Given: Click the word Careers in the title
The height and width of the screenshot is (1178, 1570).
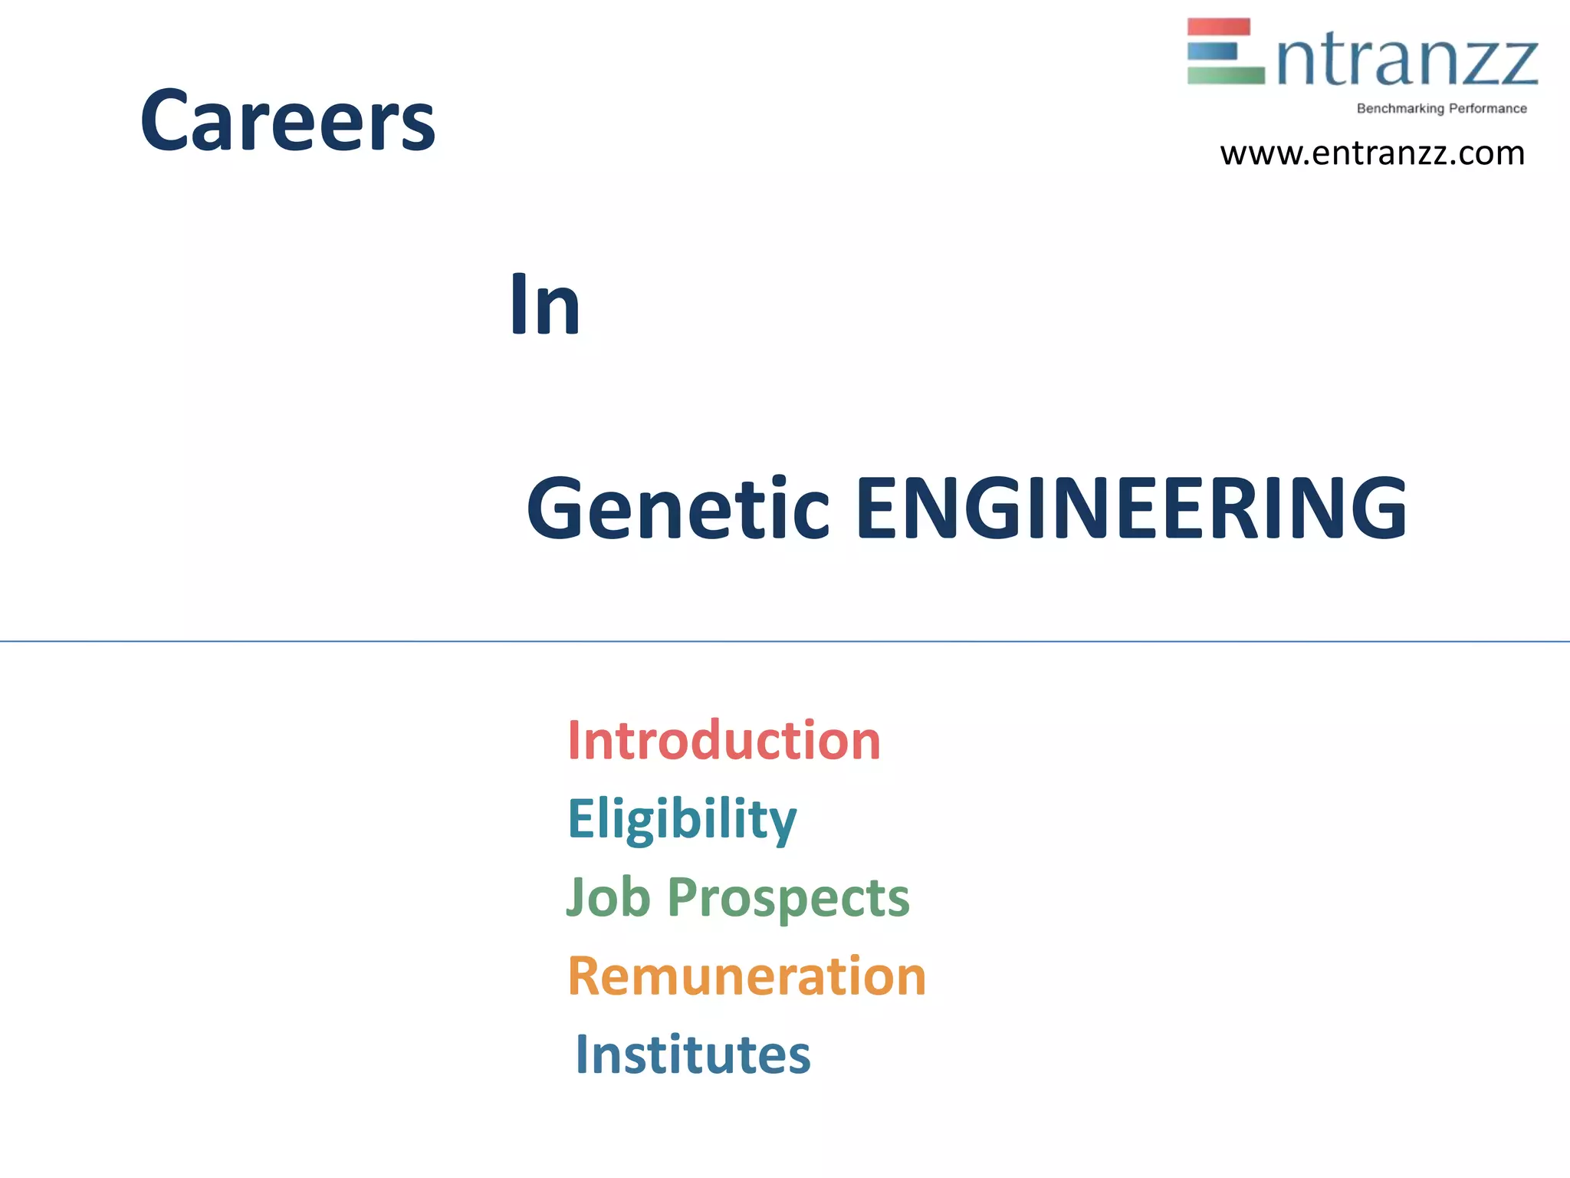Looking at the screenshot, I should (287, 120).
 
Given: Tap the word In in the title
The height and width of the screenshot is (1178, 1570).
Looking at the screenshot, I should (545, 305).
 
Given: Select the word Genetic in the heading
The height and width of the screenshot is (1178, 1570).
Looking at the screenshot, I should (678, 508).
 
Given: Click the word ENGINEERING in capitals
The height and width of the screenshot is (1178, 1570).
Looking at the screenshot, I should (1131, 508).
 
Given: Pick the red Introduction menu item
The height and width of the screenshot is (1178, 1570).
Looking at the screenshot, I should (724, 741).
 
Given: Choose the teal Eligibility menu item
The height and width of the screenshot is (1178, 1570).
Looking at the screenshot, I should (682, 819).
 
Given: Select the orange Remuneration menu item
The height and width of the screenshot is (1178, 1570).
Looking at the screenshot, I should (747, 976).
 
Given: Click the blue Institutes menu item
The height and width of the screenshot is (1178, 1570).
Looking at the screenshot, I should (692, 1055).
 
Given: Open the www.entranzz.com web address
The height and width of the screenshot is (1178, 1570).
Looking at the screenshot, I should (1371, 153).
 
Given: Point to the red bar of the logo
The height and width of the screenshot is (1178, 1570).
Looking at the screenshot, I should (1218, 27).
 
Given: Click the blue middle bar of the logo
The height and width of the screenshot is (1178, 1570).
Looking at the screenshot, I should (1212, 51).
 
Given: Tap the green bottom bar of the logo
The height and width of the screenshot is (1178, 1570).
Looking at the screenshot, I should (1225, 75).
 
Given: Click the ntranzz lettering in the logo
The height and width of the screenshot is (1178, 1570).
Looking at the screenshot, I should (1407, 61).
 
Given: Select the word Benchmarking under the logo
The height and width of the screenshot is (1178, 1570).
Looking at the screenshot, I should (1400, 109).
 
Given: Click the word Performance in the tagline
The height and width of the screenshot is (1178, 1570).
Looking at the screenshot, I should (1487, 109).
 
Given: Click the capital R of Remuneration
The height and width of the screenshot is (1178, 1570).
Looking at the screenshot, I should (584, 976).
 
